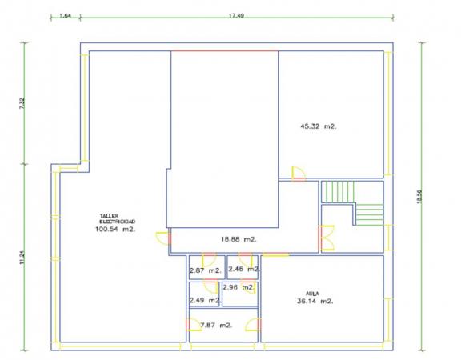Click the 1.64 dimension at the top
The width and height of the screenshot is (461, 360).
(66, 15)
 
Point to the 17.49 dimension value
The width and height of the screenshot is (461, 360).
(236, 15)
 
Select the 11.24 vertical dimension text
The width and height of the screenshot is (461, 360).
(22, 257)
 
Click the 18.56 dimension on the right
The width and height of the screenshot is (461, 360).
(419, 196)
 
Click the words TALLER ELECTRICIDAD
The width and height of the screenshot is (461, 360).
(118, 218)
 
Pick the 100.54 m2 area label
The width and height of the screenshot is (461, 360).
(115, 230)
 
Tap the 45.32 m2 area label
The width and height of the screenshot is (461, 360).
(319, 126)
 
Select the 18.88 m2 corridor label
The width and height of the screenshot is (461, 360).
(239, 239)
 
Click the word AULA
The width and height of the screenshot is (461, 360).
(312, 294)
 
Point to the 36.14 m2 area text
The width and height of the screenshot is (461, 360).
(315, 302)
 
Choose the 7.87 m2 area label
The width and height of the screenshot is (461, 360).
(216, 326)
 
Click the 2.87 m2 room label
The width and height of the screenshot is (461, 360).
(205, 270)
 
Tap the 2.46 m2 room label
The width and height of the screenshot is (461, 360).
(243, 269)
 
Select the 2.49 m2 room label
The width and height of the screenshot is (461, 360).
(205, 301)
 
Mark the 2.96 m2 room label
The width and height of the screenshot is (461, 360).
(239, 287)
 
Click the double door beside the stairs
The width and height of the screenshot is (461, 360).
(327, 238)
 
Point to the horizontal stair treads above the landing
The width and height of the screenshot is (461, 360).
(370, 214)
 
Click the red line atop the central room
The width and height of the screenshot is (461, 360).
(225, 51)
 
